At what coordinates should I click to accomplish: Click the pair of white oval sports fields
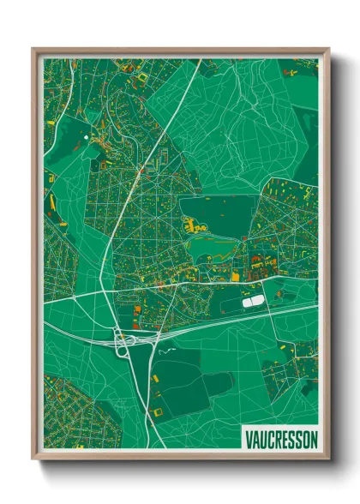click(x=254, y=302)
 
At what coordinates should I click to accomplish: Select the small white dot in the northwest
click(x=86, y=135)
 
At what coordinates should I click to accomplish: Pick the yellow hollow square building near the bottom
click(x=157, y=411)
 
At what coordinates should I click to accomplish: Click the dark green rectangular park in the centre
click(x=219, y=214)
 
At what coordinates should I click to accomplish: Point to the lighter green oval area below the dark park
click(x=214, y=249)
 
